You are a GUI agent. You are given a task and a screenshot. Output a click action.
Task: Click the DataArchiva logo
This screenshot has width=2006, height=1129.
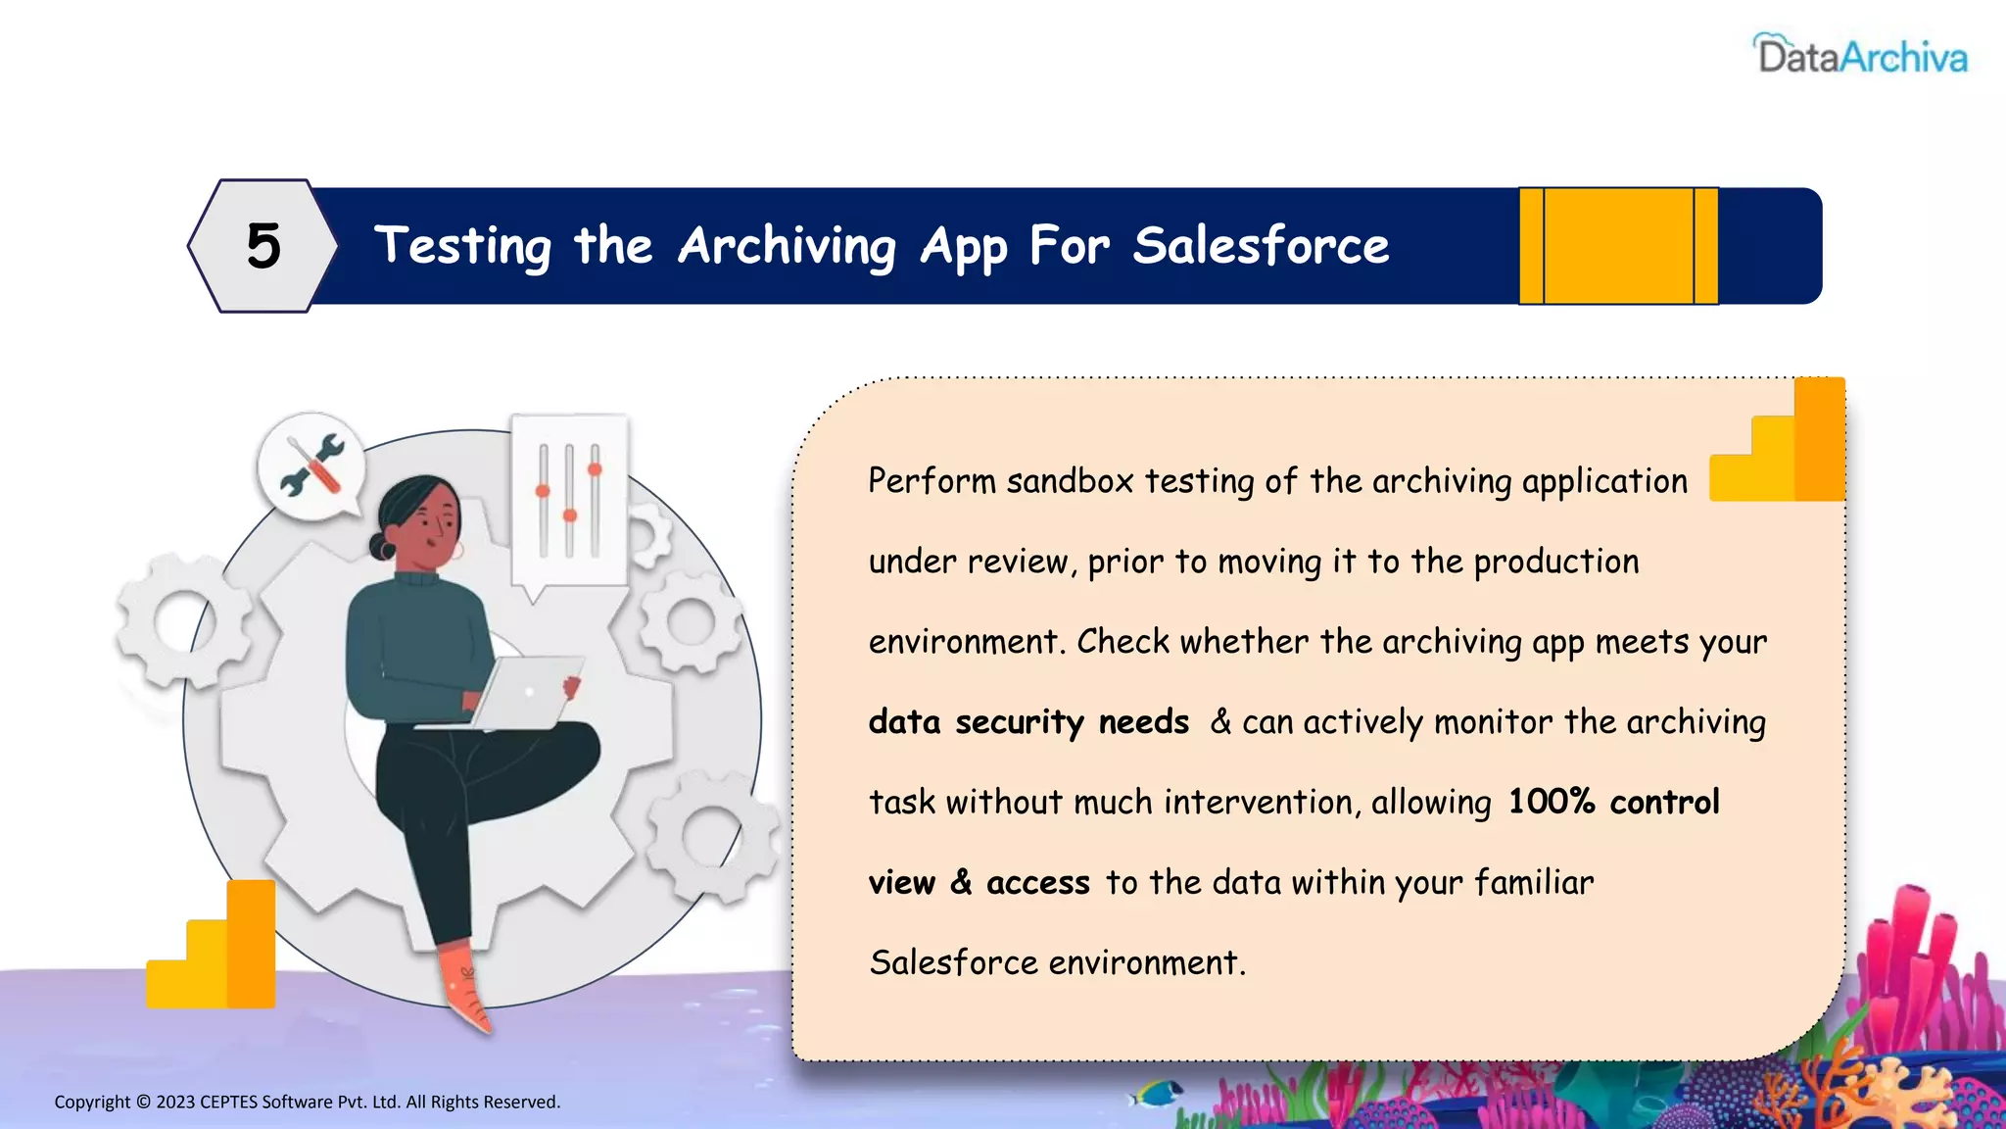tap(1860, 56)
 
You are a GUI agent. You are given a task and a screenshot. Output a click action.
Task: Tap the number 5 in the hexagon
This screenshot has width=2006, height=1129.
tap(263, 246)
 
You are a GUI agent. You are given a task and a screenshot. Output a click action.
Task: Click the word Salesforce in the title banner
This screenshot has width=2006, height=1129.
tap(1261, 246)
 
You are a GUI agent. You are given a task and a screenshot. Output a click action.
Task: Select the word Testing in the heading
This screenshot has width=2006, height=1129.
tap(463, 246)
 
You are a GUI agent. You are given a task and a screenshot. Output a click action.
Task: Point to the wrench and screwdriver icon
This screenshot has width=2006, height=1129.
tap(311, 465)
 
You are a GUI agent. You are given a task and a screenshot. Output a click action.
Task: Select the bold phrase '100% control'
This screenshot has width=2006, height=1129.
tap(1613, 802)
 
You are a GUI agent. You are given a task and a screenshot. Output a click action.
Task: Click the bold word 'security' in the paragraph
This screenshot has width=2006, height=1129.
tap(1019, 723)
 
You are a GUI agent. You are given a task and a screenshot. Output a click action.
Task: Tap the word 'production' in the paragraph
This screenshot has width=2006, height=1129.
tap(1555, 562)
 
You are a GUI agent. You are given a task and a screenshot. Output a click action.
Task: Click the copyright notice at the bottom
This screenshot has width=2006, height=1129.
tap(307, 1102)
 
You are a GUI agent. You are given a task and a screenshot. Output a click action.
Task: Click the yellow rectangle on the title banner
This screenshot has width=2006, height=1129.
tap(1618, 246)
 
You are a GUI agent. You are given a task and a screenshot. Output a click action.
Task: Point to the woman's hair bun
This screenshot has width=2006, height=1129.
tap(382, 546)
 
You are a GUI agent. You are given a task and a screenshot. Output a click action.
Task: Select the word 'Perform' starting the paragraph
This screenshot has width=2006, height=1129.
tap(931, 481)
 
